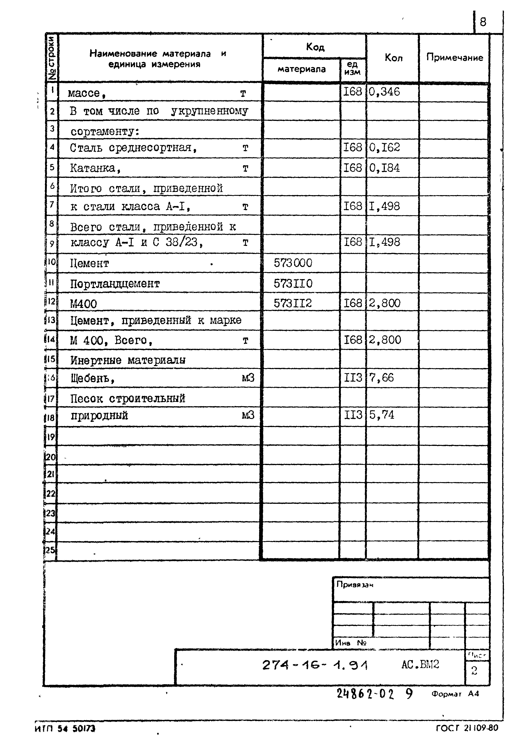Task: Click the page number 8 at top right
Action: (483, 22)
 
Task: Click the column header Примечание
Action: (454, 57)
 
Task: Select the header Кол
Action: (393, 58)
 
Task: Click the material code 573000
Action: (293, 263)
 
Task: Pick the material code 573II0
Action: (293, 283)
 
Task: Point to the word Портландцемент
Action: (115, 284)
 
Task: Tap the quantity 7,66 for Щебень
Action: (381, 378)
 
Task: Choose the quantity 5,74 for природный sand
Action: (381, 415)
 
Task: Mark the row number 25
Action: (50, 550)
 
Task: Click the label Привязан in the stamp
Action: (354, 585)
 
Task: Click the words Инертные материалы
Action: (128, 360)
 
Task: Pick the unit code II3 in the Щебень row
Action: (353, 378)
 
